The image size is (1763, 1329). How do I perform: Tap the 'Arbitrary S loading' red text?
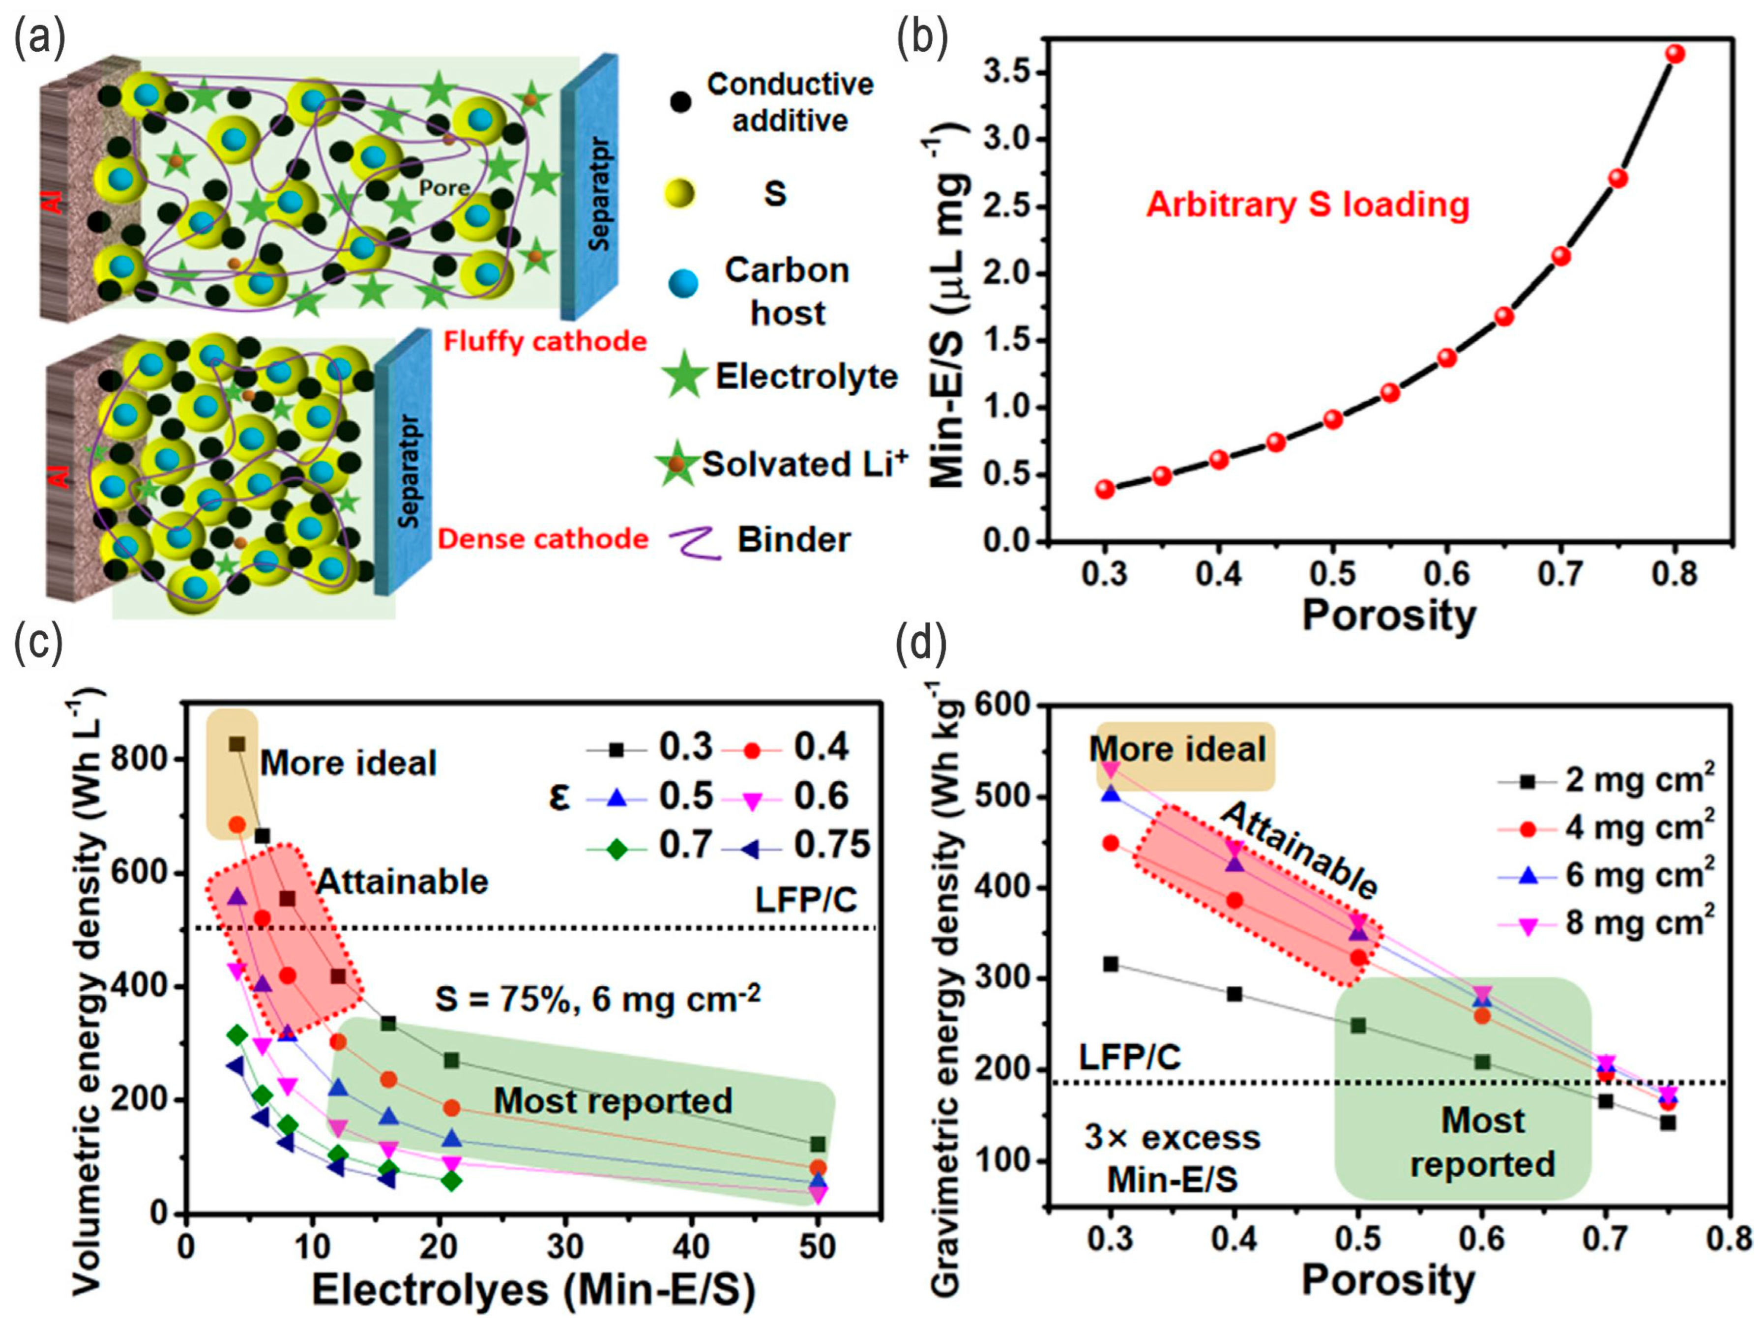1307,205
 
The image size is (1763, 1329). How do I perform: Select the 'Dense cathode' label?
543,539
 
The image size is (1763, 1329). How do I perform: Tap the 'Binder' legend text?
794,540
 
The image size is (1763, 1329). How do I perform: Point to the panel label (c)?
38,645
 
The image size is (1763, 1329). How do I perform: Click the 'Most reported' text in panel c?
612,1101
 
